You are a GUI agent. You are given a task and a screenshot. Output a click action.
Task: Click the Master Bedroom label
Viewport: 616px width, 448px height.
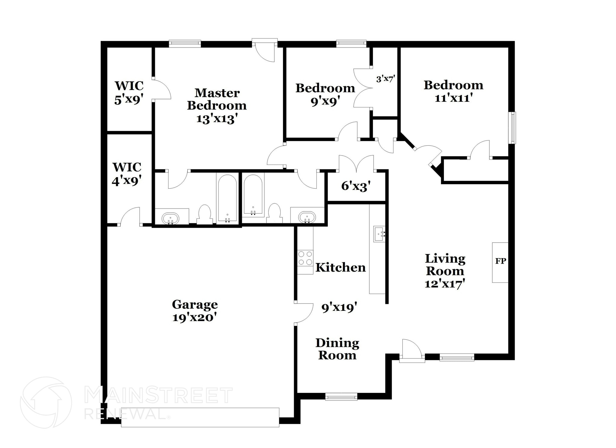(217, 99)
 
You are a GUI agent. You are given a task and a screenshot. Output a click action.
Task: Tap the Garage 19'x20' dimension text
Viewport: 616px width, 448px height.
(195, 317)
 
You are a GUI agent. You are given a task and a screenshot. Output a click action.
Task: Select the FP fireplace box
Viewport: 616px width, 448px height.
(500, 262)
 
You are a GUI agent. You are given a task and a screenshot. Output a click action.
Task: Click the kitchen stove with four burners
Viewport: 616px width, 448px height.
(305, 258)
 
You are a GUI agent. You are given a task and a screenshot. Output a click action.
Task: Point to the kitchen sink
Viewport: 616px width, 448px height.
(379, 234)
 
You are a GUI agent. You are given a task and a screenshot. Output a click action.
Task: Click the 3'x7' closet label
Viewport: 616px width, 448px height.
(385, 79)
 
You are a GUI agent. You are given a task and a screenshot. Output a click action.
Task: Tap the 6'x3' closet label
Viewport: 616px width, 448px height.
(356, 186)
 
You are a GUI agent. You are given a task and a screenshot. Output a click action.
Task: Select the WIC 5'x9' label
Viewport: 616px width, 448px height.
(129, 93)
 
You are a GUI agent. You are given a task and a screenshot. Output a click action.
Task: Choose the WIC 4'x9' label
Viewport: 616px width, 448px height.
(127, 174)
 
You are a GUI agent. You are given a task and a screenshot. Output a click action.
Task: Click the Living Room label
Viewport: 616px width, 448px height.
(445, 265)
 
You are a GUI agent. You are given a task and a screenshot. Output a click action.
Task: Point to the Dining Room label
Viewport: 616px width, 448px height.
(337, 349)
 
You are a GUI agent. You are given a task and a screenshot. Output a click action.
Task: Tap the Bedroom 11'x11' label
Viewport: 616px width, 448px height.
(453, 91)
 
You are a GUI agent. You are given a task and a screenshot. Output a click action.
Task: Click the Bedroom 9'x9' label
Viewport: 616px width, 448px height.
(325, 94)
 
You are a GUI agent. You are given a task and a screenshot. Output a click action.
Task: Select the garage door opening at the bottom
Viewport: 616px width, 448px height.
(200, 417)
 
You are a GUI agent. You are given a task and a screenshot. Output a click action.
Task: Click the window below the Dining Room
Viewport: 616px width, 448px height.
(341, 397)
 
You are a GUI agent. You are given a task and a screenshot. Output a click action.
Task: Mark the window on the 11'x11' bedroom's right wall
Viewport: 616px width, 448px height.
(512, 128)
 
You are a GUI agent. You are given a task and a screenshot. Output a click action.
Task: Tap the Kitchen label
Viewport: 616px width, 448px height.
(340, 267)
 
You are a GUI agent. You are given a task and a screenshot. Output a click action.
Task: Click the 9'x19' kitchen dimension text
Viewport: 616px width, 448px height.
(339, 307)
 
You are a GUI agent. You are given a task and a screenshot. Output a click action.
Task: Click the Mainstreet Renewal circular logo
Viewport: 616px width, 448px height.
(46, 402)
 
